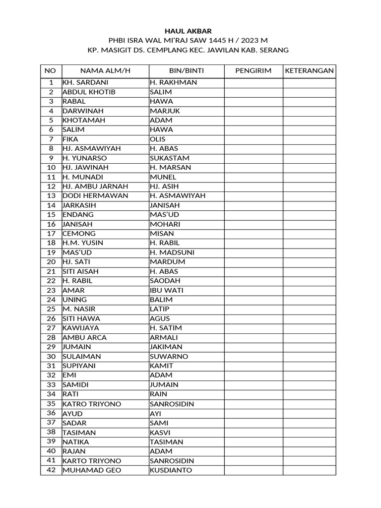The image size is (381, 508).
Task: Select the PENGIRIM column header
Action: tap(254, 71)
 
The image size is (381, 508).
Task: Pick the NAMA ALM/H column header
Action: tap(105, 71)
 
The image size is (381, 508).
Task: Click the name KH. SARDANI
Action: tap(85, 83)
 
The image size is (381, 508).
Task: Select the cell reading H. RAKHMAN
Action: tap(173, 83)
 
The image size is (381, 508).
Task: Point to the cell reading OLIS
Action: tap(158, 139)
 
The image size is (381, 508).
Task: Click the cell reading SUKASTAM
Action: tap(170, 158)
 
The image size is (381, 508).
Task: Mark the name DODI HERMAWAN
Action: tap(95, 196)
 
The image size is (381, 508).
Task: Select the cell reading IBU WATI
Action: tap(165, 290)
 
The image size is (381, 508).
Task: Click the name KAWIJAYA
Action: tap(81, 328)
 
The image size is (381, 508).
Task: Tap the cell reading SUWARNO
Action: tap(168, 357)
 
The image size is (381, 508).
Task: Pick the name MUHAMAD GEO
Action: tap(92, 470)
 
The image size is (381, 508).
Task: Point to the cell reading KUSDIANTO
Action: tap(171, 470)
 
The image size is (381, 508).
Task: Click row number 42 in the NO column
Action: tap(51, 470)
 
